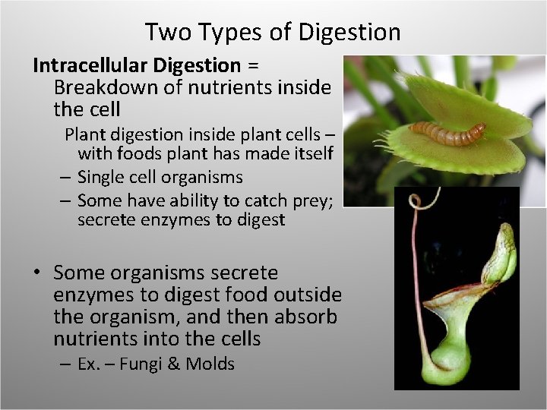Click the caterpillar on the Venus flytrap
pyautogui.click(x=447, y=134)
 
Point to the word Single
pyautogui.click(x=103, y=177)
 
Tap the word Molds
pyautogui.click(x=209, y=364)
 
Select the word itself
pyautogui.click(x=308, y=154)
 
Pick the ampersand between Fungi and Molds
pyautogui.click(x=173, y=364)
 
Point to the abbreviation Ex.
pyautogui.click(x=89, y=364)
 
